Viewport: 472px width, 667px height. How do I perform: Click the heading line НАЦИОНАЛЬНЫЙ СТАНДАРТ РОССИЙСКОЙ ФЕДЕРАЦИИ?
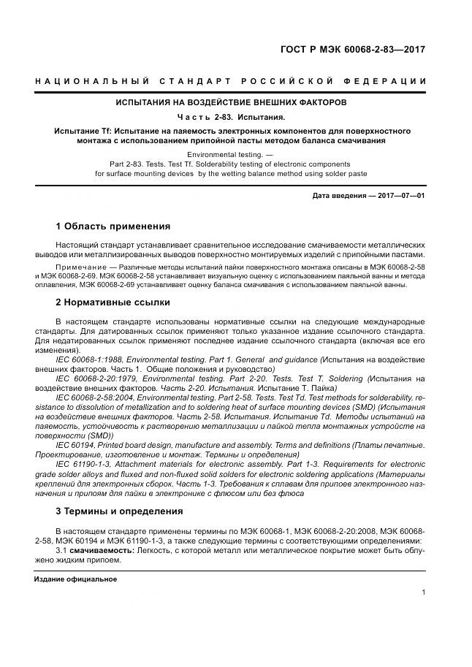click(x=230, y=80)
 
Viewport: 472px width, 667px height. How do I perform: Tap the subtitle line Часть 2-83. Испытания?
click(x=230, y=117)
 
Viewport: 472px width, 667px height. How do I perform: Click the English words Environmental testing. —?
click(x=230, y=155)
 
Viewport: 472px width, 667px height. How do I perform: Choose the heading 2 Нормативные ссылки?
click(x=113, y=302)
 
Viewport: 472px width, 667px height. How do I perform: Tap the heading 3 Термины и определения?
click(x=119, y=511)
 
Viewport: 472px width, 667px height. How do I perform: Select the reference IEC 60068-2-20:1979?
click(x=97, y=379)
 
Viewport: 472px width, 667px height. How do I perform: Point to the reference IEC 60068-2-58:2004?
click(x=97, y=397)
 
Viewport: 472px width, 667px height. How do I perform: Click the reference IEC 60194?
click(x=75, y=445)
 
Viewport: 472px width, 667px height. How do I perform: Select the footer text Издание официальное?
click(x=76, y=579)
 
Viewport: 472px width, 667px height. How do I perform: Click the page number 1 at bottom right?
click(x=423, y=592)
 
